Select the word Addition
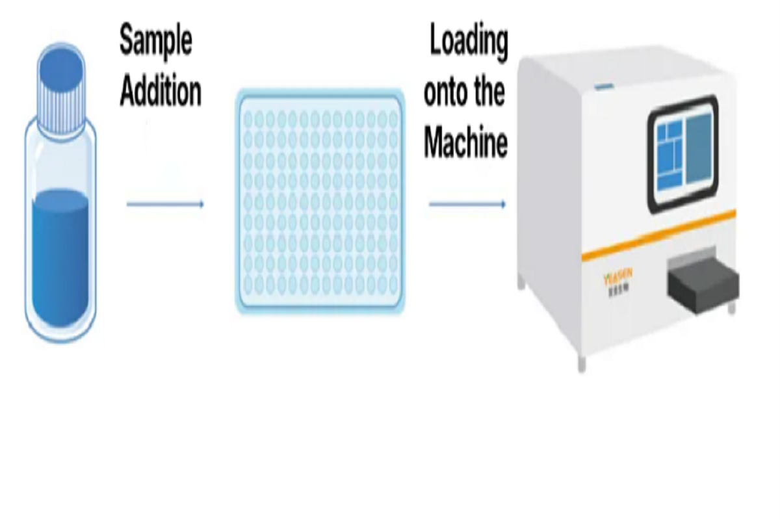(x=161, y=92)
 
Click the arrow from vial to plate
(x=165, y=204)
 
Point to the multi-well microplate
(x=320, y=201)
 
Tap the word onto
(x=446, y=93)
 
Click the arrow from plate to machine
(x=467, y=204)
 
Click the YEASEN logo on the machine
(x=614, y=279)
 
